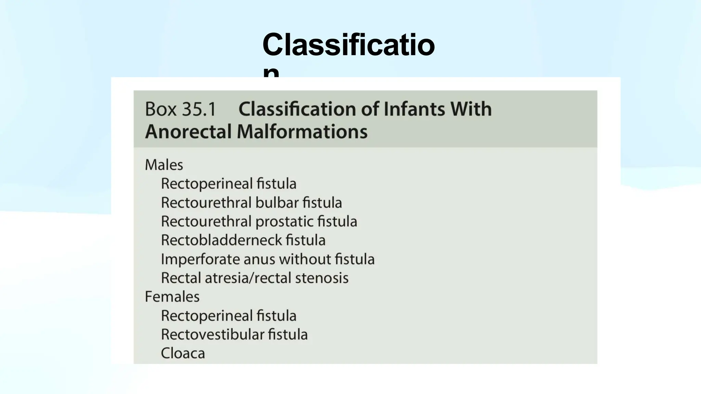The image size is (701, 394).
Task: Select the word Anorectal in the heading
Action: point(188,132)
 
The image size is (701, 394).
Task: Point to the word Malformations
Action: point(302,132)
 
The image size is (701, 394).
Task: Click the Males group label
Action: point(164,165)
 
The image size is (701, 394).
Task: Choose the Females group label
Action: point(172,297)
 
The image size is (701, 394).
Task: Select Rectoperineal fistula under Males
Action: point(229,184)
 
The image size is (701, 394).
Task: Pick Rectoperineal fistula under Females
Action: point(229,316)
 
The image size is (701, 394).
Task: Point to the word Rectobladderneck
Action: point(221,240)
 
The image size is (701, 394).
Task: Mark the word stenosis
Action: point(322,278)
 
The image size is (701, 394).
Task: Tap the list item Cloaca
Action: point(183,353)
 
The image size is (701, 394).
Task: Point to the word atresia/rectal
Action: point(248,278)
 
